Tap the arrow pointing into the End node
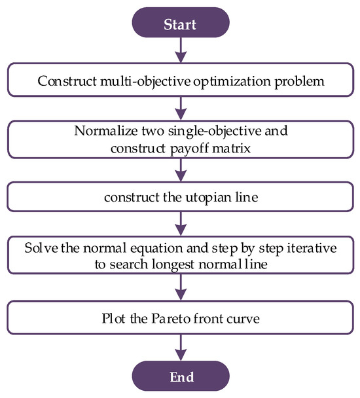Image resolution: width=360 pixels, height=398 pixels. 180,347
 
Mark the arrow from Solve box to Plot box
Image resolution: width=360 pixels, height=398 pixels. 180,288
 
